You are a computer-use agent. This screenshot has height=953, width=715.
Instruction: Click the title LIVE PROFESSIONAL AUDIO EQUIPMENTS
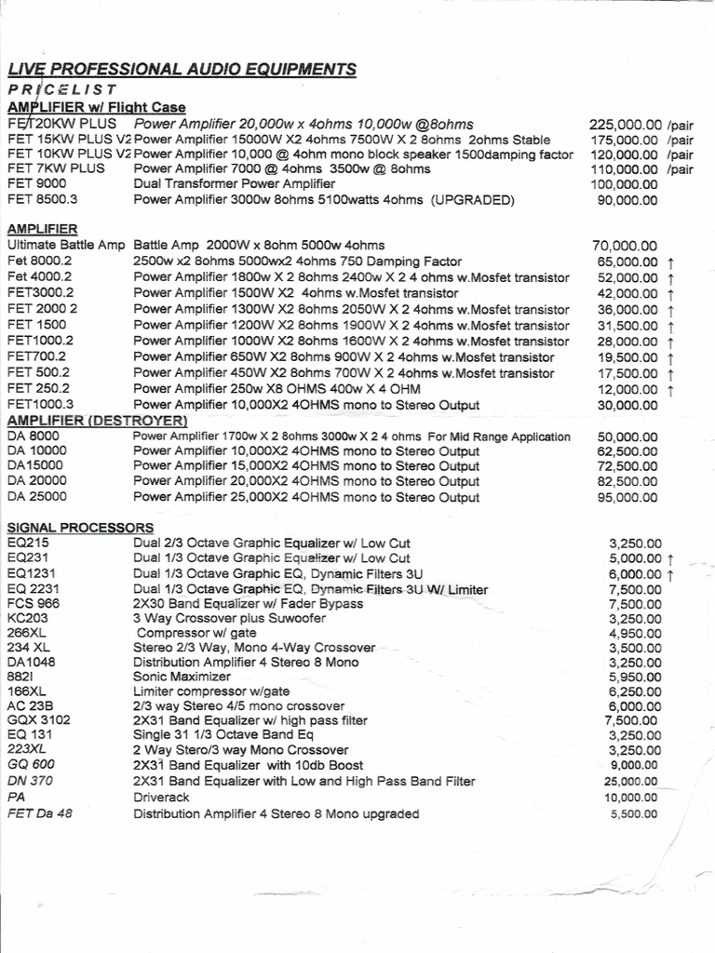click(182, 69)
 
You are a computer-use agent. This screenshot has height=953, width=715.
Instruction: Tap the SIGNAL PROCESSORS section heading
click(80, 528)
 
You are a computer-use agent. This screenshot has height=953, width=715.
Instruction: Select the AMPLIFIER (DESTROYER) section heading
click(97, 421)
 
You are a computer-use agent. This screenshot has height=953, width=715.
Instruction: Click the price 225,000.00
click(626, 125)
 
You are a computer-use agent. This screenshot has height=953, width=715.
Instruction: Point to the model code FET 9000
click(37, 184)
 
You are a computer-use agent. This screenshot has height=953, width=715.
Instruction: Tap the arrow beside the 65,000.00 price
click(671, 263)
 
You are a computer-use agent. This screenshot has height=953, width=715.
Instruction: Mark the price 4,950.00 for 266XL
click(634, 632)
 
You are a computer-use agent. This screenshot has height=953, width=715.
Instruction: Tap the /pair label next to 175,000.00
click(680, 140)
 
